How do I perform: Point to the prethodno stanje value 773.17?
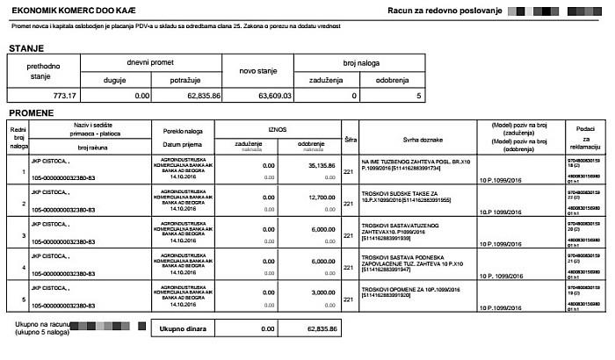[65, 95]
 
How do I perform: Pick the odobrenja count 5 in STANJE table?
[419, 95]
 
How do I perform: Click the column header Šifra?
[349, 139]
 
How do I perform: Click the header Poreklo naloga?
[183, 131]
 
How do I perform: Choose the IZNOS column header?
[277, 129]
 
